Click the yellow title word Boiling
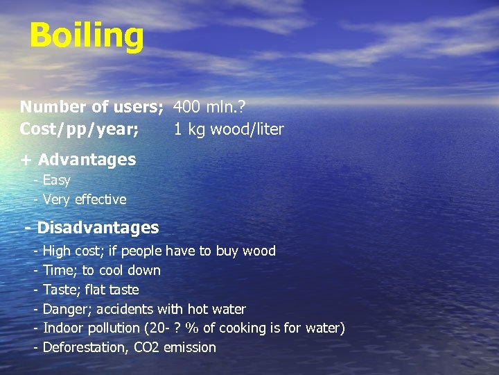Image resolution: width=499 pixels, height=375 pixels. (x=87, y=36)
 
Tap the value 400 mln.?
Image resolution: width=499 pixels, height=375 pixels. (x=209, y=108)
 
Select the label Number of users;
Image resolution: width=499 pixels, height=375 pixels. (x=91, y=108)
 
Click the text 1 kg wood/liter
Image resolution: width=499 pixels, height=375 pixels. (x=228, y=130)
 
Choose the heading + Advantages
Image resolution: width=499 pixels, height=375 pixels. (x=78, y=160)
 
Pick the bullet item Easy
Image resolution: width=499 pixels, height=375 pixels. (x=56, y=181)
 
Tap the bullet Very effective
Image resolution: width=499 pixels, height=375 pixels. (x=85, y=200)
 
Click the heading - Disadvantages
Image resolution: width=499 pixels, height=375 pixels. (x=91, y=228)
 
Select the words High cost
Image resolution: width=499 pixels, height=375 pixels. (x=71, y=251)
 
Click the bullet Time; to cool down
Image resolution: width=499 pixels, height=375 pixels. (x=101, y=270)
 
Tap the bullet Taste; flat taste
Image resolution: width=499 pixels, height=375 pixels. (x=91, y=290)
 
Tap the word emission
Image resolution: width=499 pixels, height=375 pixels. (x=189, y=348)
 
